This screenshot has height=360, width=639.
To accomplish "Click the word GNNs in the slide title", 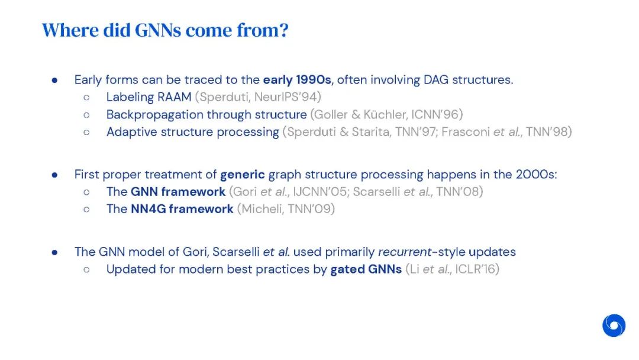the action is click(158, 30).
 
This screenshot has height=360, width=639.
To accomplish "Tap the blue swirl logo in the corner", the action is click(614, 325).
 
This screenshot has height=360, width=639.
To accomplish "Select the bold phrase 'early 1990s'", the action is click(297, 79).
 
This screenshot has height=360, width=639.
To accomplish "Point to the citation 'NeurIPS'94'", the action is click(285, 97).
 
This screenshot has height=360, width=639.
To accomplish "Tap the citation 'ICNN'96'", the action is click(435, 114).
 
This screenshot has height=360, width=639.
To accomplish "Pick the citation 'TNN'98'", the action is click(546, 132).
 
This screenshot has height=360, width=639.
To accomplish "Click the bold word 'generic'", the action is click(243, 175).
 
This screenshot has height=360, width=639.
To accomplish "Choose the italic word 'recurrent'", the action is click(405, 252).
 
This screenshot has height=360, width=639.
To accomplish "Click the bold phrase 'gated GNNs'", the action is click(366, 269).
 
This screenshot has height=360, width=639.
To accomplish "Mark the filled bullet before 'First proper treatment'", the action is click(54, 175).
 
